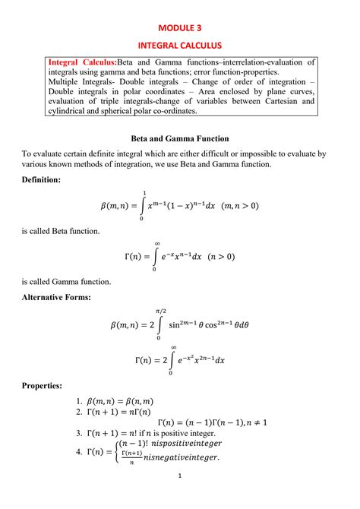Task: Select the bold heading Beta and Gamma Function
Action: [x=180, y=139]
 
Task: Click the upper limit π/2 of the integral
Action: [x=159, y=311]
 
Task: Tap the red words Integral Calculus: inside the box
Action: [x=81, y=62]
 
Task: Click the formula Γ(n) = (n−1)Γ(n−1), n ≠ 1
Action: [x=212, y=422]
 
